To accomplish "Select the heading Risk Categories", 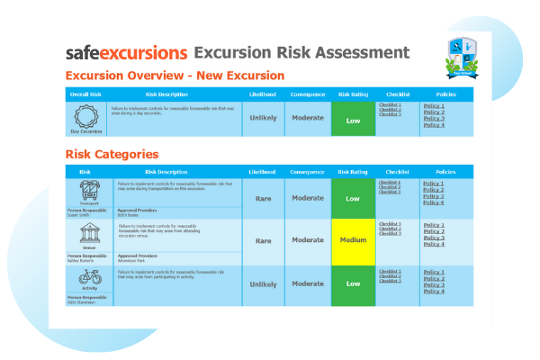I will (112, 155).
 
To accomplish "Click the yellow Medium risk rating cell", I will (353, 240).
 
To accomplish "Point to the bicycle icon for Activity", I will (89, 277).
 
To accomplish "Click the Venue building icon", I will (89, 234).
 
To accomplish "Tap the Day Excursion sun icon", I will (88, 115).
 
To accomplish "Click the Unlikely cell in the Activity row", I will (263, 283).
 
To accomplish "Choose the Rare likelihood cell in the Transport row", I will (263, 198).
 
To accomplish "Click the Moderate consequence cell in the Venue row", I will (308, 240).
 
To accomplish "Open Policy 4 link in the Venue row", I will (434, 244).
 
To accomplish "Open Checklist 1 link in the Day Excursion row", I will (390, 104).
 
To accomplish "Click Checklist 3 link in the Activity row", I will (390, 281).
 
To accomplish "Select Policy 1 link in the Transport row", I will (434, 184).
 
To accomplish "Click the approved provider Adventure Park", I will (131, 259).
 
